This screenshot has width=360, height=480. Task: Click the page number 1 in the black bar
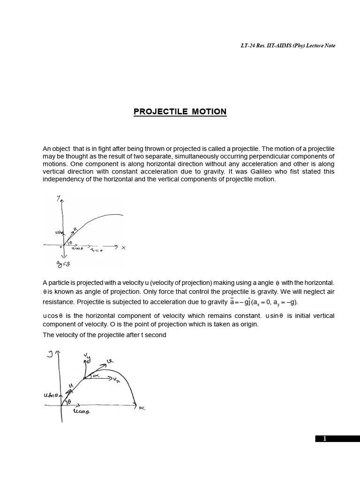click(x=324, y=439)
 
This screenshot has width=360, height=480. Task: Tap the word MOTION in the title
click(x=209, y=112)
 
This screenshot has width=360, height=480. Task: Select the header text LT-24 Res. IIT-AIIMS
click(x=267, y=45)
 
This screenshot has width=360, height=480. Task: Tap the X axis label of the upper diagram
click(x=123, y=248)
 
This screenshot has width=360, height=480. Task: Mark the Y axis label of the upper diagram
click(x=59, y=198)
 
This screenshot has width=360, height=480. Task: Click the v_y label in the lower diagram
click(x=87, y=358)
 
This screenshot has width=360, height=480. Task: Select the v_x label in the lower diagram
click(x=116, y=378)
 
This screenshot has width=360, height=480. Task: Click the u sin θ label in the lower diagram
click(x=50, y=396)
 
